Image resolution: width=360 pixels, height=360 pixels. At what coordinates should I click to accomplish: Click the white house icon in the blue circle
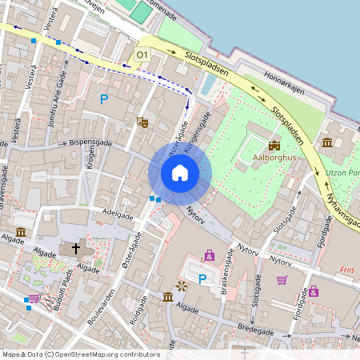coord(180,172)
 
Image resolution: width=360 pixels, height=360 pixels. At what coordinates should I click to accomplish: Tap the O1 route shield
coord(142,54)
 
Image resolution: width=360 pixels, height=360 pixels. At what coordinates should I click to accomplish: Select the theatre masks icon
coord(143,122)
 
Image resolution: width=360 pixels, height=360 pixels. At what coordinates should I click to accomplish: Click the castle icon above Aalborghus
coord(274,145)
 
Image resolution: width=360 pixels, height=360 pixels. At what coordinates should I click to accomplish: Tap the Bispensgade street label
coord(90,142)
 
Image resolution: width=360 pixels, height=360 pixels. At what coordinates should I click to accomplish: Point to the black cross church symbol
coord(77,249)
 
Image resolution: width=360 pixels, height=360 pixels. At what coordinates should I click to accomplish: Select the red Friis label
coord(346,270)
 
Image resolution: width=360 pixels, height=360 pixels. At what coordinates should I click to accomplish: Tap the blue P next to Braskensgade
coord(202,279)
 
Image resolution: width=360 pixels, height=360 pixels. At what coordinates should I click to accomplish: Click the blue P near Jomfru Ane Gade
coord(102,99)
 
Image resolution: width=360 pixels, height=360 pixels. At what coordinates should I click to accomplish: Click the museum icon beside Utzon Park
coord(328,142)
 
